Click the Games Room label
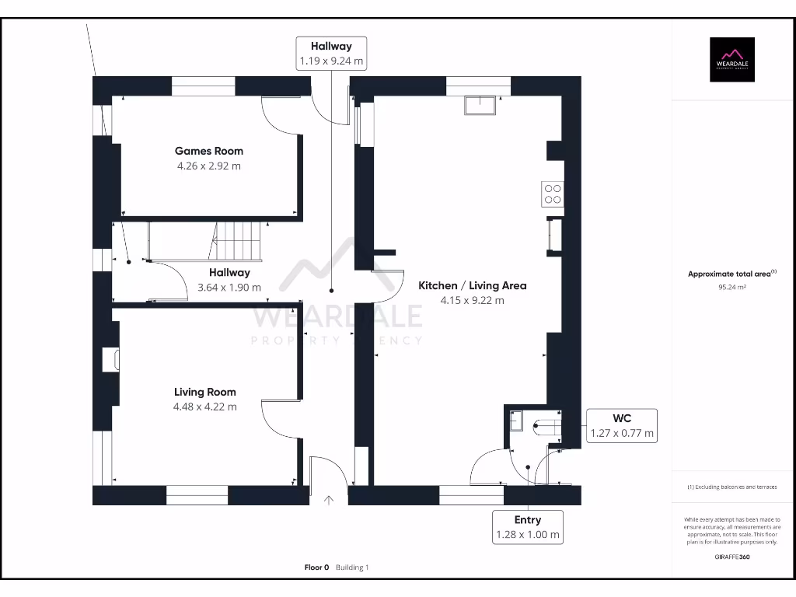click(208, 151)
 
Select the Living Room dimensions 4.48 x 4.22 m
click(205, 407)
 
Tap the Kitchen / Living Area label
click(472, 285)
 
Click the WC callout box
click(621, 426)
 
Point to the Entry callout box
click(527, 527)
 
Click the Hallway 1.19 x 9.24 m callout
click(331, 54)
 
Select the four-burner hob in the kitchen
click(553, 193)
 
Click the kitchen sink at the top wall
click(480, 105)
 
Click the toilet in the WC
click(546, 425)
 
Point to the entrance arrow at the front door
click(329, 500)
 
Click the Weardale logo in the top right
click(732, 60)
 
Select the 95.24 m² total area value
click(731, 287)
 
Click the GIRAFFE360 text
click(731, 557)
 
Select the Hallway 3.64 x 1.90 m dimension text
click(229, 287)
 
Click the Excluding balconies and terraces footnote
click(731, 487)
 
